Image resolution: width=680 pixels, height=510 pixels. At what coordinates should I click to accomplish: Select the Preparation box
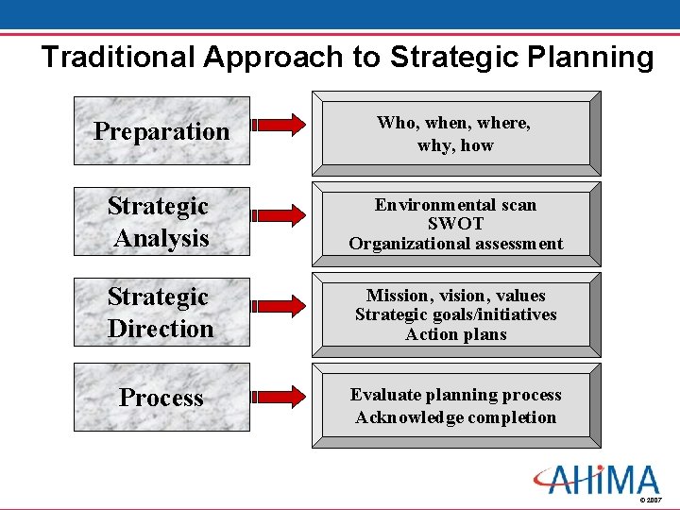[x=161, y=131]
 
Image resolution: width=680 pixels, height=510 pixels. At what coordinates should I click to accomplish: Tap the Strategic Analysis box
[x=161, y=222]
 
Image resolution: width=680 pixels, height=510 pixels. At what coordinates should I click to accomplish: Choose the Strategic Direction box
[x=161, y=313]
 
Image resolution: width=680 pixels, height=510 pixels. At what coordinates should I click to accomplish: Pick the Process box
[x=161, y=398]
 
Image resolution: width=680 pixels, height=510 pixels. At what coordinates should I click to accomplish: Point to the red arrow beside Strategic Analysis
[x=279, y=221]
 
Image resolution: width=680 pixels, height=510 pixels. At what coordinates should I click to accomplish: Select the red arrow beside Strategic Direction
[x=279, y=312]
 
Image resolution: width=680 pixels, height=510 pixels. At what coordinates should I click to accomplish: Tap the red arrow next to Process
[x=279, y=397]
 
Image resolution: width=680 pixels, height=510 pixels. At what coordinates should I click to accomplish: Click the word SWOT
[x=455, y=224]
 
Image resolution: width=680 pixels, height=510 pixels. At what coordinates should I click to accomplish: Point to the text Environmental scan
[x=455, y=205]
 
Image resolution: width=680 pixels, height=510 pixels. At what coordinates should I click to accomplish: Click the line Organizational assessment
[x=455, y=244]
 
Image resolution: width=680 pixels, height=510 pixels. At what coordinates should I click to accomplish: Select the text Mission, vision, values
[x=455, y=296]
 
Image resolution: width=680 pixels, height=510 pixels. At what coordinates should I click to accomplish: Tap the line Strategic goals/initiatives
[x=455, y=314]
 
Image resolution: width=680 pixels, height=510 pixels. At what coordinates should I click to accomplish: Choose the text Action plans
[x=455, y=334]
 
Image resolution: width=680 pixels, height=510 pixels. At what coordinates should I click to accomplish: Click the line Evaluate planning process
[x=455, y=395]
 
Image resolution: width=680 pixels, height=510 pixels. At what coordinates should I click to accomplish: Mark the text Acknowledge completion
[x=455, y=417]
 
